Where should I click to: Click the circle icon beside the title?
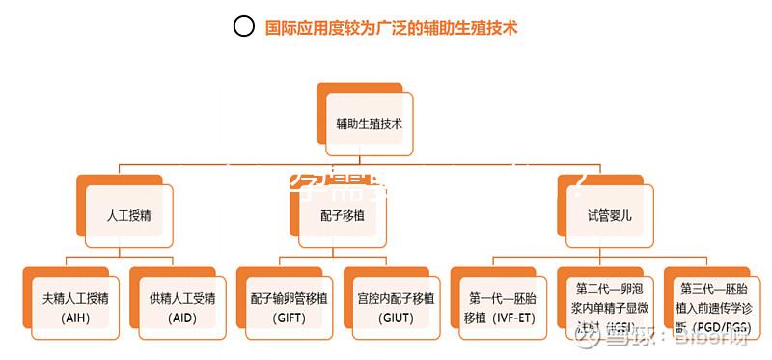click(244, 27)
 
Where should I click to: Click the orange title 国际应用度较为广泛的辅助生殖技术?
click(392, 28)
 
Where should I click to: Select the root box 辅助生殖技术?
click(370, 124)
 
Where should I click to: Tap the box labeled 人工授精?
click(129, 215)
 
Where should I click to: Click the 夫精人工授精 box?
click(75, 306)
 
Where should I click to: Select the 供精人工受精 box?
click(182, 306)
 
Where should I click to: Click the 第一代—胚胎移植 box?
click(503, 306)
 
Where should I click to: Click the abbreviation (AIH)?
click(75, 318)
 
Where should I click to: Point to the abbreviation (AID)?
click(182, 318)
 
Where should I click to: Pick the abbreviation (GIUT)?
click(396, 318)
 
